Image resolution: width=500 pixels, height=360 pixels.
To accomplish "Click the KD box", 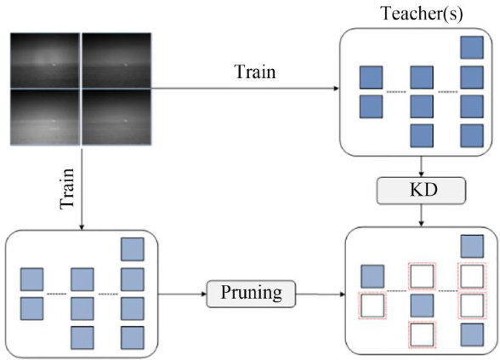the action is coord(421,191).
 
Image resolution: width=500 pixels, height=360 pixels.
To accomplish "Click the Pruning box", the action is coord(252,294).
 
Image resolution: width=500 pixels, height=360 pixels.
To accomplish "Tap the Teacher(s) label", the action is coord(422,14).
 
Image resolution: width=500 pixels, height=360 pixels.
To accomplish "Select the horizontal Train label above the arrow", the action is coord(255,71).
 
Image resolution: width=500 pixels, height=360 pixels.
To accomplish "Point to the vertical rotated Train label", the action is coord(67,189).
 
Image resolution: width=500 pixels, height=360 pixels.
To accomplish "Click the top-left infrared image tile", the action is coord(45,60).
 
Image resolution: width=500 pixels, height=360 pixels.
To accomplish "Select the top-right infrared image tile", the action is coord(116,60).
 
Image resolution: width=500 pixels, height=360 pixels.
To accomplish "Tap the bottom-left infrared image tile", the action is coord(45,117).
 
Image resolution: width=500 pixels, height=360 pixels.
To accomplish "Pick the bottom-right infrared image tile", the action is coord(116,117).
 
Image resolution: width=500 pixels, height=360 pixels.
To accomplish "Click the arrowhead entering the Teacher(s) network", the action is coord(336,89).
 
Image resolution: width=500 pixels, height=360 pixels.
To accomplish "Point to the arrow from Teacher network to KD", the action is coord(421,167).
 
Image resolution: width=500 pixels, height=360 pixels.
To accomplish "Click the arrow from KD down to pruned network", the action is coord(421,215).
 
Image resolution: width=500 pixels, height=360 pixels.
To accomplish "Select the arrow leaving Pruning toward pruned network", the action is coord(321,294).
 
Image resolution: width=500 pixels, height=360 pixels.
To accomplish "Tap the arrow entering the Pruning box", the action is coord(183,294).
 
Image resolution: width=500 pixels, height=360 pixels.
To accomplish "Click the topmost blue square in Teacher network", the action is coord(472,48).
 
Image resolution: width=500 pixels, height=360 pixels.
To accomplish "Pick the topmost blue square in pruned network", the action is coord(472,247).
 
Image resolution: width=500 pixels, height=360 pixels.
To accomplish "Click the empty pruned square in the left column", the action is coord(372,306).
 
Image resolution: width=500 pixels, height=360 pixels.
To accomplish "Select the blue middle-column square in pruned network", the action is coord(422,306).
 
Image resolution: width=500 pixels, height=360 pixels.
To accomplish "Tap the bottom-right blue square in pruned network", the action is coord(472,334).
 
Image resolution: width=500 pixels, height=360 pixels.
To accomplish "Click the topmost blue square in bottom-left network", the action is coord(133,249).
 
